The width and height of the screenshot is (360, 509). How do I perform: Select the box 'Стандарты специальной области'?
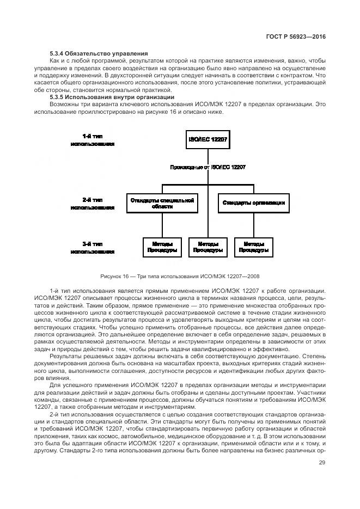pos(162,204)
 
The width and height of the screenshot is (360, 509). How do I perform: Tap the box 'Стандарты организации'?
pos(253,203)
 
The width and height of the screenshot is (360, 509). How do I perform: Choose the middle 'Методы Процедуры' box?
pos(208,247)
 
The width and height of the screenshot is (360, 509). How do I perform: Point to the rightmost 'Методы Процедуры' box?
pos(254,247)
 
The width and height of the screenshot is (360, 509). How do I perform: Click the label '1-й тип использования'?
pos(92,140)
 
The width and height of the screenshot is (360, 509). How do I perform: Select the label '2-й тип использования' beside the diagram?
pos(92,204)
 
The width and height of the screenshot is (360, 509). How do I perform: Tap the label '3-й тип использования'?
pos(92,248)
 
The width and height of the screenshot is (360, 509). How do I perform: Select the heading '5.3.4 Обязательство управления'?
pos(98,53)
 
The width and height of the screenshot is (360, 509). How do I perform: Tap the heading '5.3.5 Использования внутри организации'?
pos(111,97)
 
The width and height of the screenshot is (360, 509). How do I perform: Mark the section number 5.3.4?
pos(58,53)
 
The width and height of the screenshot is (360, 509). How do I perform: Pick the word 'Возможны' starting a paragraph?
pos(64,104)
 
